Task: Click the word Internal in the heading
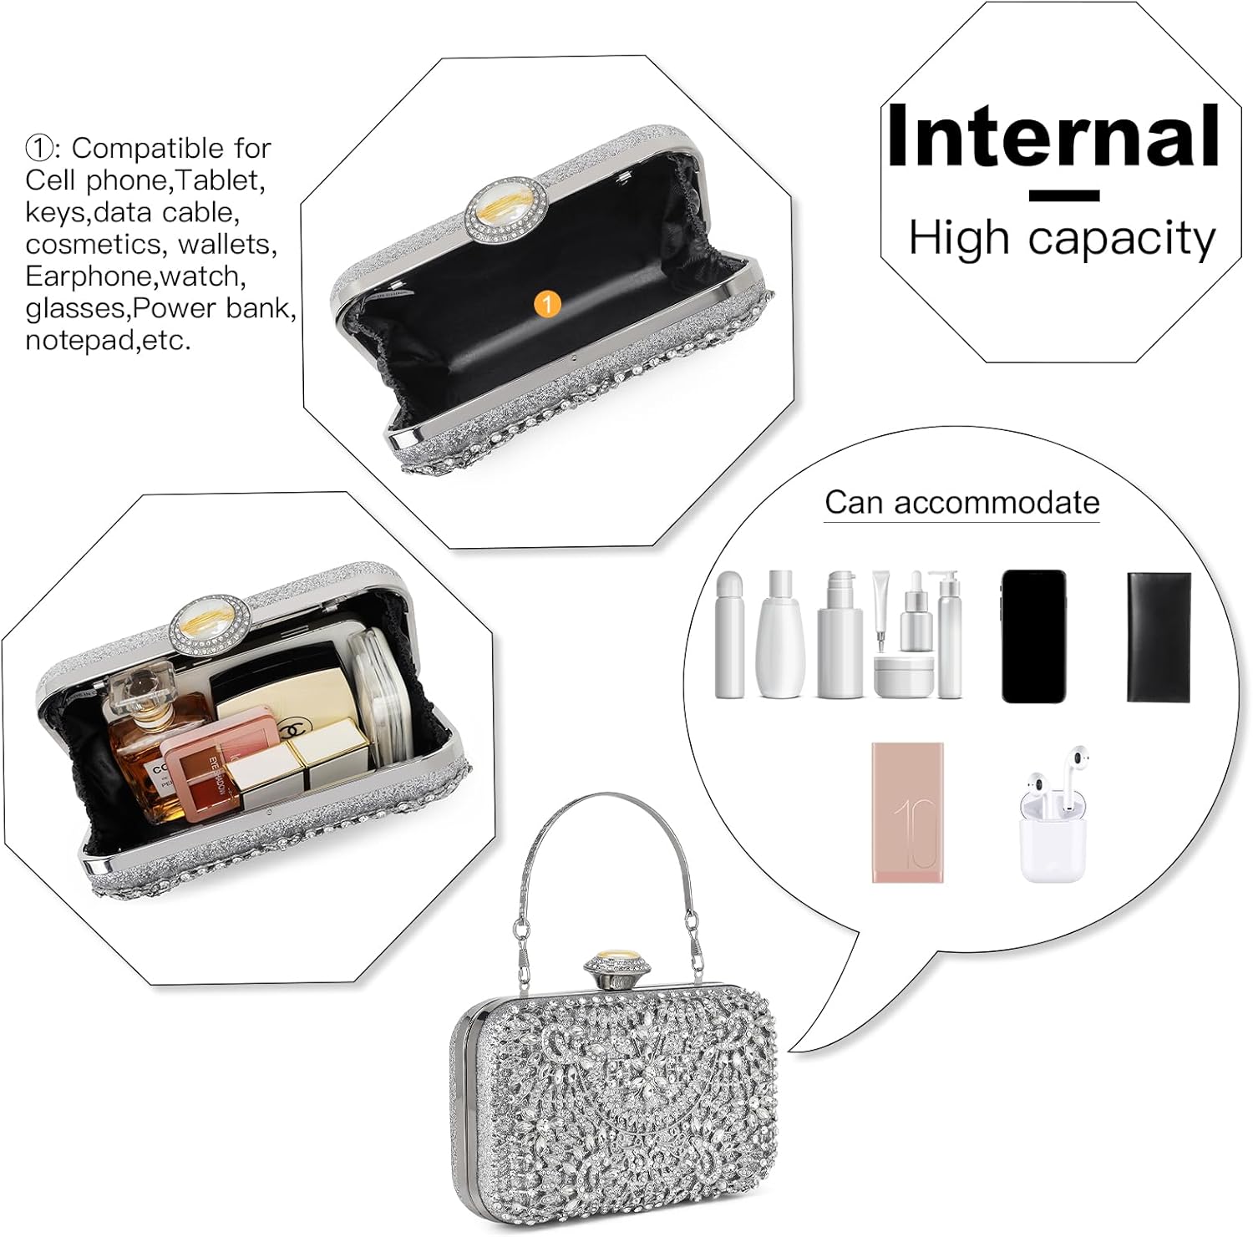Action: tap(1053, 136)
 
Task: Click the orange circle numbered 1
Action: tap(547, 304)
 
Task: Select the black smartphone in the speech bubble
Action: tap(1033, 636)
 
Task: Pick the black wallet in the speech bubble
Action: tap(1159, 636)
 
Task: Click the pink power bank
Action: tap(908, 812)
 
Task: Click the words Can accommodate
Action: tap(962, 503)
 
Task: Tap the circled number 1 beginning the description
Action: tap(39, 149)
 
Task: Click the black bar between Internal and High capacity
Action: tap(1064, 196)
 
